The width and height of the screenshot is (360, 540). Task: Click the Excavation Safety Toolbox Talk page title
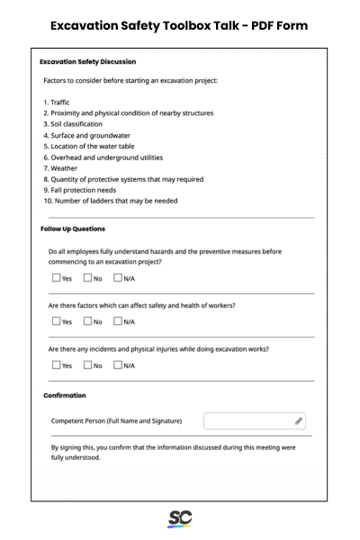[x=179, y=25]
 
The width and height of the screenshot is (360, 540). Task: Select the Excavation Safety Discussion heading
[x=88, y=62]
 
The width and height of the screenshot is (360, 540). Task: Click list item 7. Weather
[x=61, y=167]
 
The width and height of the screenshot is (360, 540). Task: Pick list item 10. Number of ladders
[x=110, y=201]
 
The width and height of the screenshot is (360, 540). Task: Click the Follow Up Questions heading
[x=73, y=229]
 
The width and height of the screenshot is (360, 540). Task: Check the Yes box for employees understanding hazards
[x=57, y=278]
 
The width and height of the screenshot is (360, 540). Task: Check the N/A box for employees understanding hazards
[x=118, y=278]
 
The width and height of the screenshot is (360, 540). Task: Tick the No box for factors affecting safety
[x=88, y=321]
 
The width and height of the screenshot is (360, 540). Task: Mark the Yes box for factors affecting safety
[x=57, y=321]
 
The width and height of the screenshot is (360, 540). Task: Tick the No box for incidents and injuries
[x=88, y=364]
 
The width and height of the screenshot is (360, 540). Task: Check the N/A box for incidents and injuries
[x=118, y=364]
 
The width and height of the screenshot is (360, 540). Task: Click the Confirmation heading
[x=65, y=395]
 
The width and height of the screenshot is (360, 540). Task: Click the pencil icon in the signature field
[x=299, y=420]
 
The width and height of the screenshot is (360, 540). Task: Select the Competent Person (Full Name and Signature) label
[x=117, y=420]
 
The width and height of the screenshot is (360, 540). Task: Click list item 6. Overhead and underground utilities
[x=103, y=157]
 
